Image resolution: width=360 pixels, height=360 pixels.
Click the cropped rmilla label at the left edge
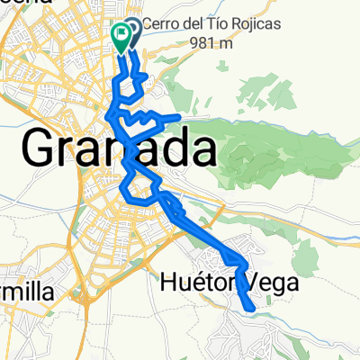tap(22, 292)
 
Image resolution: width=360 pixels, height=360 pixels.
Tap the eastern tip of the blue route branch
tap(183, 117)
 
